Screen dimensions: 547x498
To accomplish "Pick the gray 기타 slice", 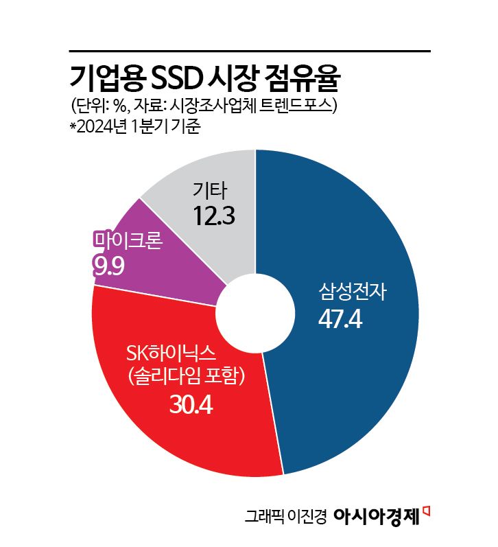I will tap(226, 178).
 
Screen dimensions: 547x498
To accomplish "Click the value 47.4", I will tap(340, 320).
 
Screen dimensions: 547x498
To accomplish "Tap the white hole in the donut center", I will tap(255, 312).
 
